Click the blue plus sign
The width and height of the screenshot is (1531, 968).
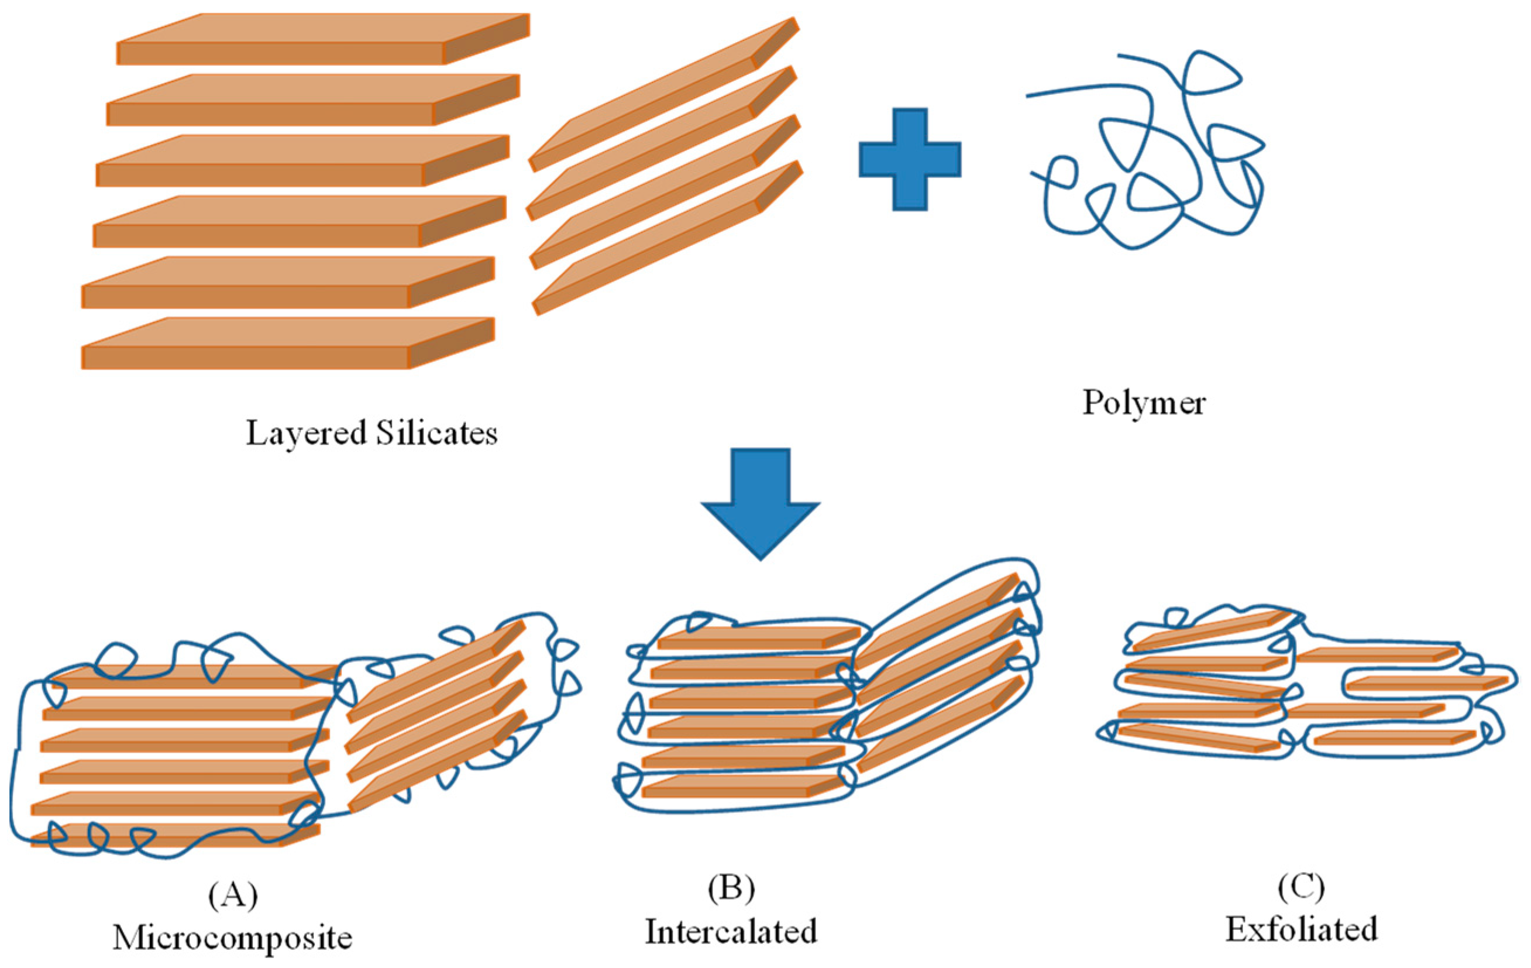(x=910, y=159)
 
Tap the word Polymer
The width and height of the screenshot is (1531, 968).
(x=1144, y=403)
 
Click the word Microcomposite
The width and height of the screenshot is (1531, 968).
(x=233, y=938)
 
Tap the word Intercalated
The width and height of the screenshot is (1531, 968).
(x=731, y=932)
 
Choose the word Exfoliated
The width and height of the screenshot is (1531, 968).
(x=1301, y=929)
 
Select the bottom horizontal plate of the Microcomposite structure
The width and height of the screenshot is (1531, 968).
(x=171, y=835)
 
